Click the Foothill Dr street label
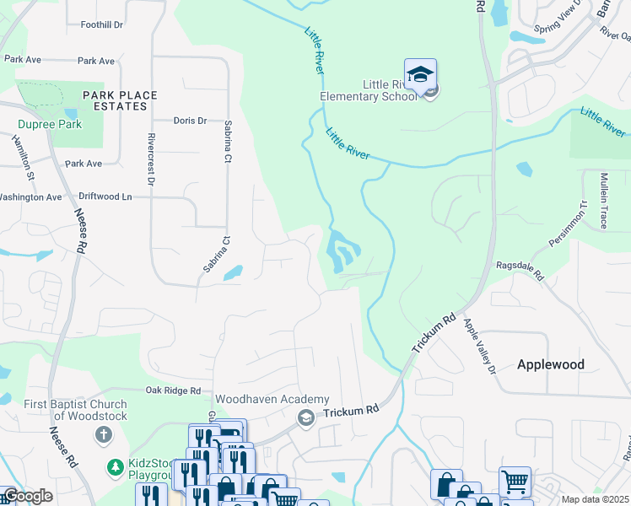pyautogui.click(x=102, y=24)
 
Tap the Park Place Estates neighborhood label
pyautogui.click(x=115, y=100)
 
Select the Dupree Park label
pyautogui.click(x=49, y=124)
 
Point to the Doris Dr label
pyautogui.click(x=190, y=121)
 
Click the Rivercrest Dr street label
pyautogui.click(x=153, y=159)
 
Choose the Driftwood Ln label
pyautogui.click(x=105, y=196)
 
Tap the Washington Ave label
pyautogui.click(x=30, y=197)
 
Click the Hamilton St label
pyautogui.click(x=22, y=159)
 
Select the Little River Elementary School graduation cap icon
pyautogui.click(x=420, y=75)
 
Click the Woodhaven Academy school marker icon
pyautogui.click(x=305, y=417)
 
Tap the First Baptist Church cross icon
pyautogui.click(x=103, y=435)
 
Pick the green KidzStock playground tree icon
pyautogui.click(x=115, y=466)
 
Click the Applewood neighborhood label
pyautogui.click(x=550, y=364)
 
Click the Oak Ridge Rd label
pyautogui.click(x=173, y=390)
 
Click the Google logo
pyautogui.click(x=27, y=496)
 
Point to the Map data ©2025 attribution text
pyautogui.click(x=596, y=499)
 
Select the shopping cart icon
pyautogui.click(x=515, y=482)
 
